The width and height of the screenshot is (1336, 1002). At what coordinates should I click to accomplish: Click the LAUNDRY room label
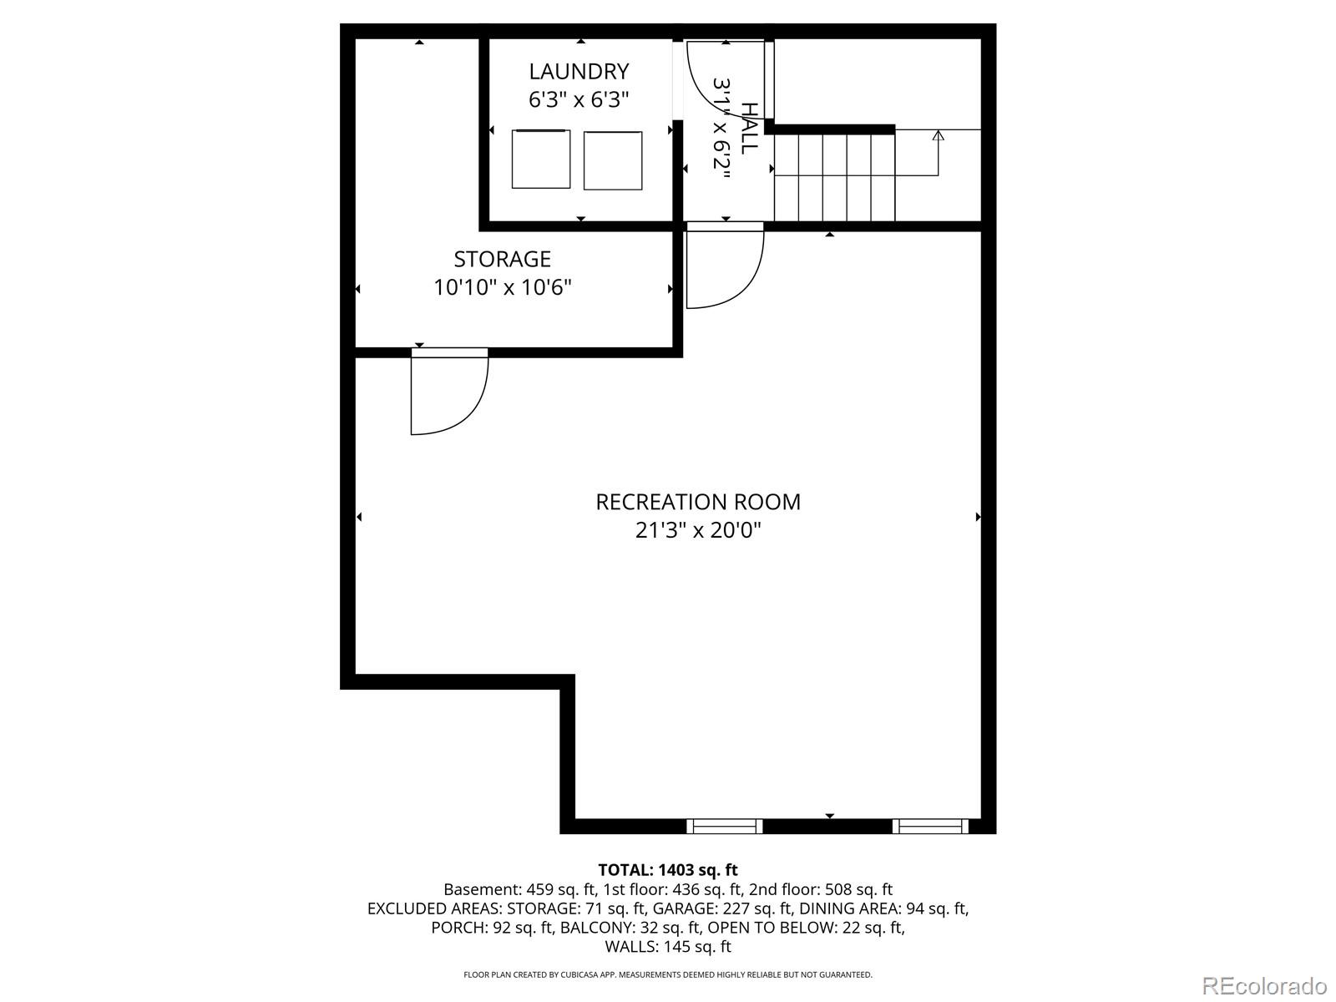tap(579, 72)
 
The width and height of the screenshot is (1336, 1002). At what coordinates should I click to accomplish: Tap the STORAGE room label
tap(502, 259)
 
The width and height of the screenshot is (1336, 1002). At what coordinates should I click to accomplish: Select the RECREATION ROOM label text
tap(698, 502)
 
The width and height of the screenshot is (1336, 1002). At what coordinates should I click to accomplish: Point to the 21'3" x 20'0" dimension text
tap(698, 530)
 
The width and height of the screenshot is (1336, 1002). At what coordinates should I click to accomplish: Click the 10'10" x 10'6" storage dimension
tap(502, 288)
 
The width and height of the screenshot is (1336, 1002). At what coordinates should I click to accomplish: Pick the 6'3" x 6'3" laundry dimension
tap(579, 100)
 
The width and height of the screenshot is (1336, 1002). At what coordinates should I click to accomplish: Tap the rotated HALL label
tap(750, 127)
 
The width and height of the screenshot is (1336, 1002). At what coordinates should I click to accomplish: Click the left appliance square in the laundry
tap(541, 159)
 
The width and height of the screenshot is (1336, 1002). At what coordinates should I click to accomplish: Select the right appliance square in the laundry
tap(613, 160)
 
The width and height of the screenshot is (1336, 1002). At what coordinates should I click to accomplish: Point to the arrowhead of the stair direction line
tap(938, 135)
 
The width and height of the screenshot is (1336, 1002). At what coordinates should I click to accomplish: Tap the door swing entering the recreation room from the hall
tap(722, 267)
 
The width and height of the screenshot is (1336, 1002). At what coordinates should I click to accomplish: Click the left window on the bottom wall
tap(724, 826)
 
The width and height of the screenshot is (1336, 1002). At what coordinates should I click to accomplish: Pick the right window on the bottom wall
tap(930, 826)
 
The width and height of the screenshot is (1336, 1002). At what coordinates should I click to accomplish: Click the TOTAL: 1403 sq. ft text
tap(668, 870)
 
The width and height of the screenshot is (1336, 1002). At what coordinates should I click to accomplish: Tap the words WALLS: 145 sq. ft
tap(668, 947)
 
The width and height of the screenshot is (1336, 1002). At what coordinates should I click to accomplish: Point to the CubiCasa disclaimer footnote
tap(668, 974)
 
